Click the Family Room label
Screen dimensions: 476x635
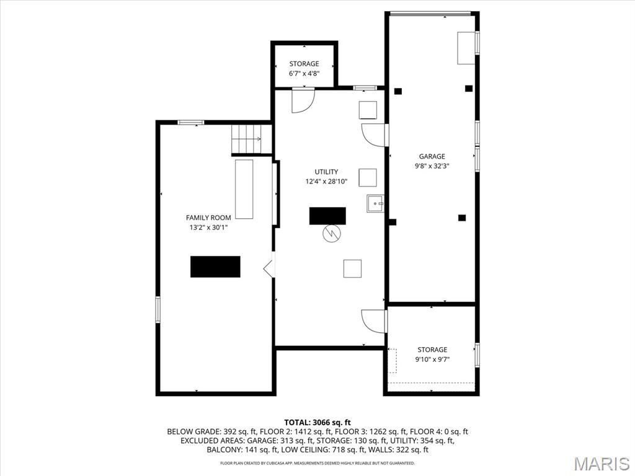click(x=208, y=218)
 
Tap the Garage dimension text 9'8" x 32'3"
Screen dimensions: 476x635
click(x=432, y=166)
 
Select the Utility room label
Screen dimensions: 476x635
click(x=326, y=172)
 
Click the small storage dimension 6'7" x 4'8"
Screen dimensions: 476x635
click(x=304, y=73)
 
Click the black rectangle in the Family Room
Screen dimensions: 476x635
click(x=215, y=267)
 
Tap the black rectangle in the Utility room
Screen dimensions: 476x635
click(x=327, y=216)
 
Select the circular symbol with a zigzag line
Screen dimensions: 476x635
click(x=331, y=233)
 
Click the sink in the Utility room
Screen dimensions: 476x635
click(x=375, y=203)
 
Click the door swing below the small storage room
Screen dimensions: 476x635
click(x=303, y=100)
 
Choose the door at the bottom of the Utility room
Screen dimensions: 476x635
click(x=374, y=321)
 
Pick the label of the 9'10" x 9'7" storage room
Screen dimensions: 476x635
click(x=432, y=350)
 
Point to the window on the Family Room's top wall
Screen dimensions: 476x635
click(x=191, y=122)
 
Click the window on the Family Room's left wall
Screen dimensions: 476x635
click(x=158, y=309)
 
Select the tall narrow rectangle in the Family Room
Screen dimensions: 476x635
click(x=244, y=189)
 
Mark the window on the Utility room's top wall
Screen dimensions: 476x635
click(x=365, y=88)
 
